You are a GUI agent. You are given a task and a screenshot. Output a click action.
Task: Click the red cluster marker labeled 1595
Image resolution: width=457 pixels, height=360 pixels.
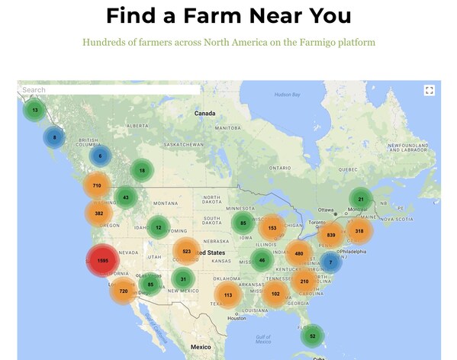(x=102, y=261)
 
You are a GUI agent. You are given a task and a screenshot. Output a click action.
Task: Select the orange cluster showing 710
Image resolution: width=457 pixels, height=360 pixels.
(x=97, y=185)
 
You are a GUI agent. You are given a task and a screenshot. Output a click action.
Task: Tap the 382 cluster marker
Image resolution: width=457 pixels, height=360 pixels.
(x=99, y=214)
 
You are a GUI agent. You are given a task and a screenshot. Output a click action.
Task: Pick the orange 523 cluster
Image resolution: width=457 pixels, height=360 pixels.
(x=186, y=251)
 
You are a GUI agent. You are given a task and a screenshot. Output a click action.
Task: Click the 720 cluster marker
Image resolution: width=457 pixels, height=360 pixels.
(x=123, y=291)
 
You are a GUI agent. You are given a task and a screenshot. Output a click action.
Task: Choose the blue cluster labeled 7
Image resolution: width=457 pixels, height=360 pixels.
(x=330, y=262)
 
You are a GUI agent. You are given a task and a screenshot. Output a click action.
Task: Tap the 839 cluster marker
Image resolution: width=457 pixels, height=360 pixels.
(x=331, y=235)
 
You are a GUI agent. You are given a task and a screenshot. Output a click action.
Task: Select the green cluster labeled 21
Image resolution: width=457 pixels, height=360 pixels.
(x=361, y=199)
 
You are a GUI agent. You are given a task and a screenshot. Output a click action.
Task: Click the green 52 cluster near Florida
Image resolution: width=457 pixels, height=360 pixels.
(x=311, y=336)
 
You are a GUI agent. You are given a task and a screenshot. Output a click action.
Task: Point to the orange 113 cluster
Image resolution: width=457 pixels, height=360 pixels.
(x=228, y=294)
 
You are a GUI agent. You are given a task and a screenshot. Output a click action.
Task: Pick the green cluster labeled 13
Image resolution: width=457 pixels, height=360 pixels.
(x=34, y=111)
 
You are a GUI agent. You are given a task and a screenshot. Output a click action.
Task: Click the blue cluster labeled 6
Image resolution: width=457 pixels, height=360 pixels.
(x=100, y=156)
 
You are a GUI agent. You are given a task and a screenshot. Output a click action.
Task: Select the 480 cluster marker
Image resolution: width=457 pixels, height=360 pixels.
(x=298, y=253)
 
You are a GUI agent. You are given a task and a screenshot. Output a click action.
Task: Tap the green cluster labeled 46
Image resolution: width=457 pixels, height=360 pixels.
(x=262, y=260)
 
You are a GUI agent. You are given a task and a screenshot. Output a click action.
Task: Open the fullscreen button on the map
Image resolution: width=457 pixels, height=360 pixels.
(x=429, y=91)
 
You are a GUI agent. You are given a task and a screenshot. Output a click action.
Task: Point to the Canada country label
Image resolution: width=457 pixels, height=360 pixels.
(x=204, y=113)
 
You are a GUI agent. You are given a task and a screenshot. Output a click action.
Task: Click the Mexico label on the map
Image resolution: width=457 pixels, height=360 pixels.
(x=200, y=347)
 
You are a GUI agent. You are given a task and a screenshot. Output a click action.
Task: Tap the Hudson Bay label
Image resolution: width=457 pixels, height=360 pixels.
(x=287, y=95)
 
